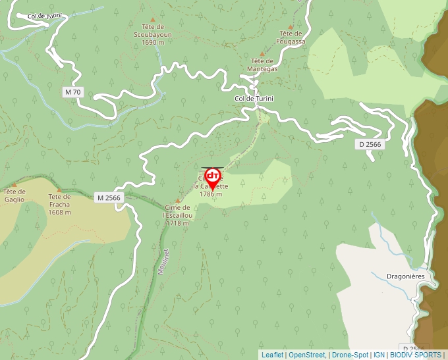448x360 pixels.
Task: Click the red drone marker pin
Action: [213, 178]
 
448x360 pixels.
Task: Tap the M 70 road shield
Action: [73, 92]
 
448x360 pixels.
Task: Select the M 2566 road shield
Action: [109, 197]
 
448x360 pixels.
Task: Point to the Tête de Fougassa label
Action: [292, 38]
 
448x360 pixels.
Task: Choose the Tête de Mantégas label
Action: [262, 64]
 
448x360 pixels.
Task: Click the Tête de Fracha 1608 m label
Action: [59, 204]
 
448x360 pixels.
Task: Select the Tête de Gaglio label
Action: [14, 196]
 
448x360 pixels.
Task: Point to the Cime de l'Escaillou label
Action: [178, 215]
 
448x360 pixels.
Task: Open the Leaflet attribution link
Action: [272, 355]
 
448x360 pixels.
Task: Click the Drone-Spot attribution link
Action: [350, 355]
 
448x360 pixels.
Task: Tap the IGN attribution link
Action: [379, 355]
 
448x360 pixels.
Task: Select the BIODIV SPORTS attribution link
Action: [415, 355]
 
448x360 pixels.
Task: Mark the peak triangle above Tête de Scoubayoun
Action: [154, 20]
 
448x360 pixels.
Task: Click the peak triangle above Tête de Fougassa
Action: [291, 27]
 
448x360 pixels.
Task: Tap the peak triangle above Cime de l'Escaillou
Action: [177, 201]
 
